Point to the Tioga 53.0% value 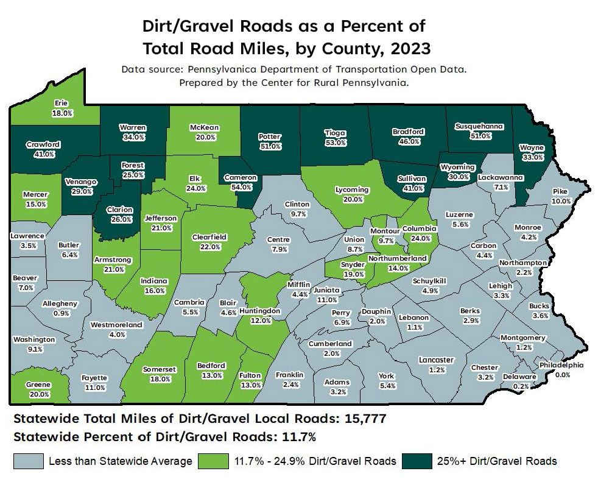[x=336, y=142]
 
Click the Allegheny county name [x=60, y=303]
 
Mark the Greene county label [x=38, y=384]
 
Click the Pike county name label [x=560, y=191]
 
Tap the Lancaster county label [x=437, y=360]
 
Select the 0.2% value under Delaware [x=521, y=386]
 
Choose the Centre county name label [x=278, y=239]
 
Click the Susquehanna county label [x=480, y=126]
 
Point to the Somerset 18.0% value [x=159, y=378]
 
